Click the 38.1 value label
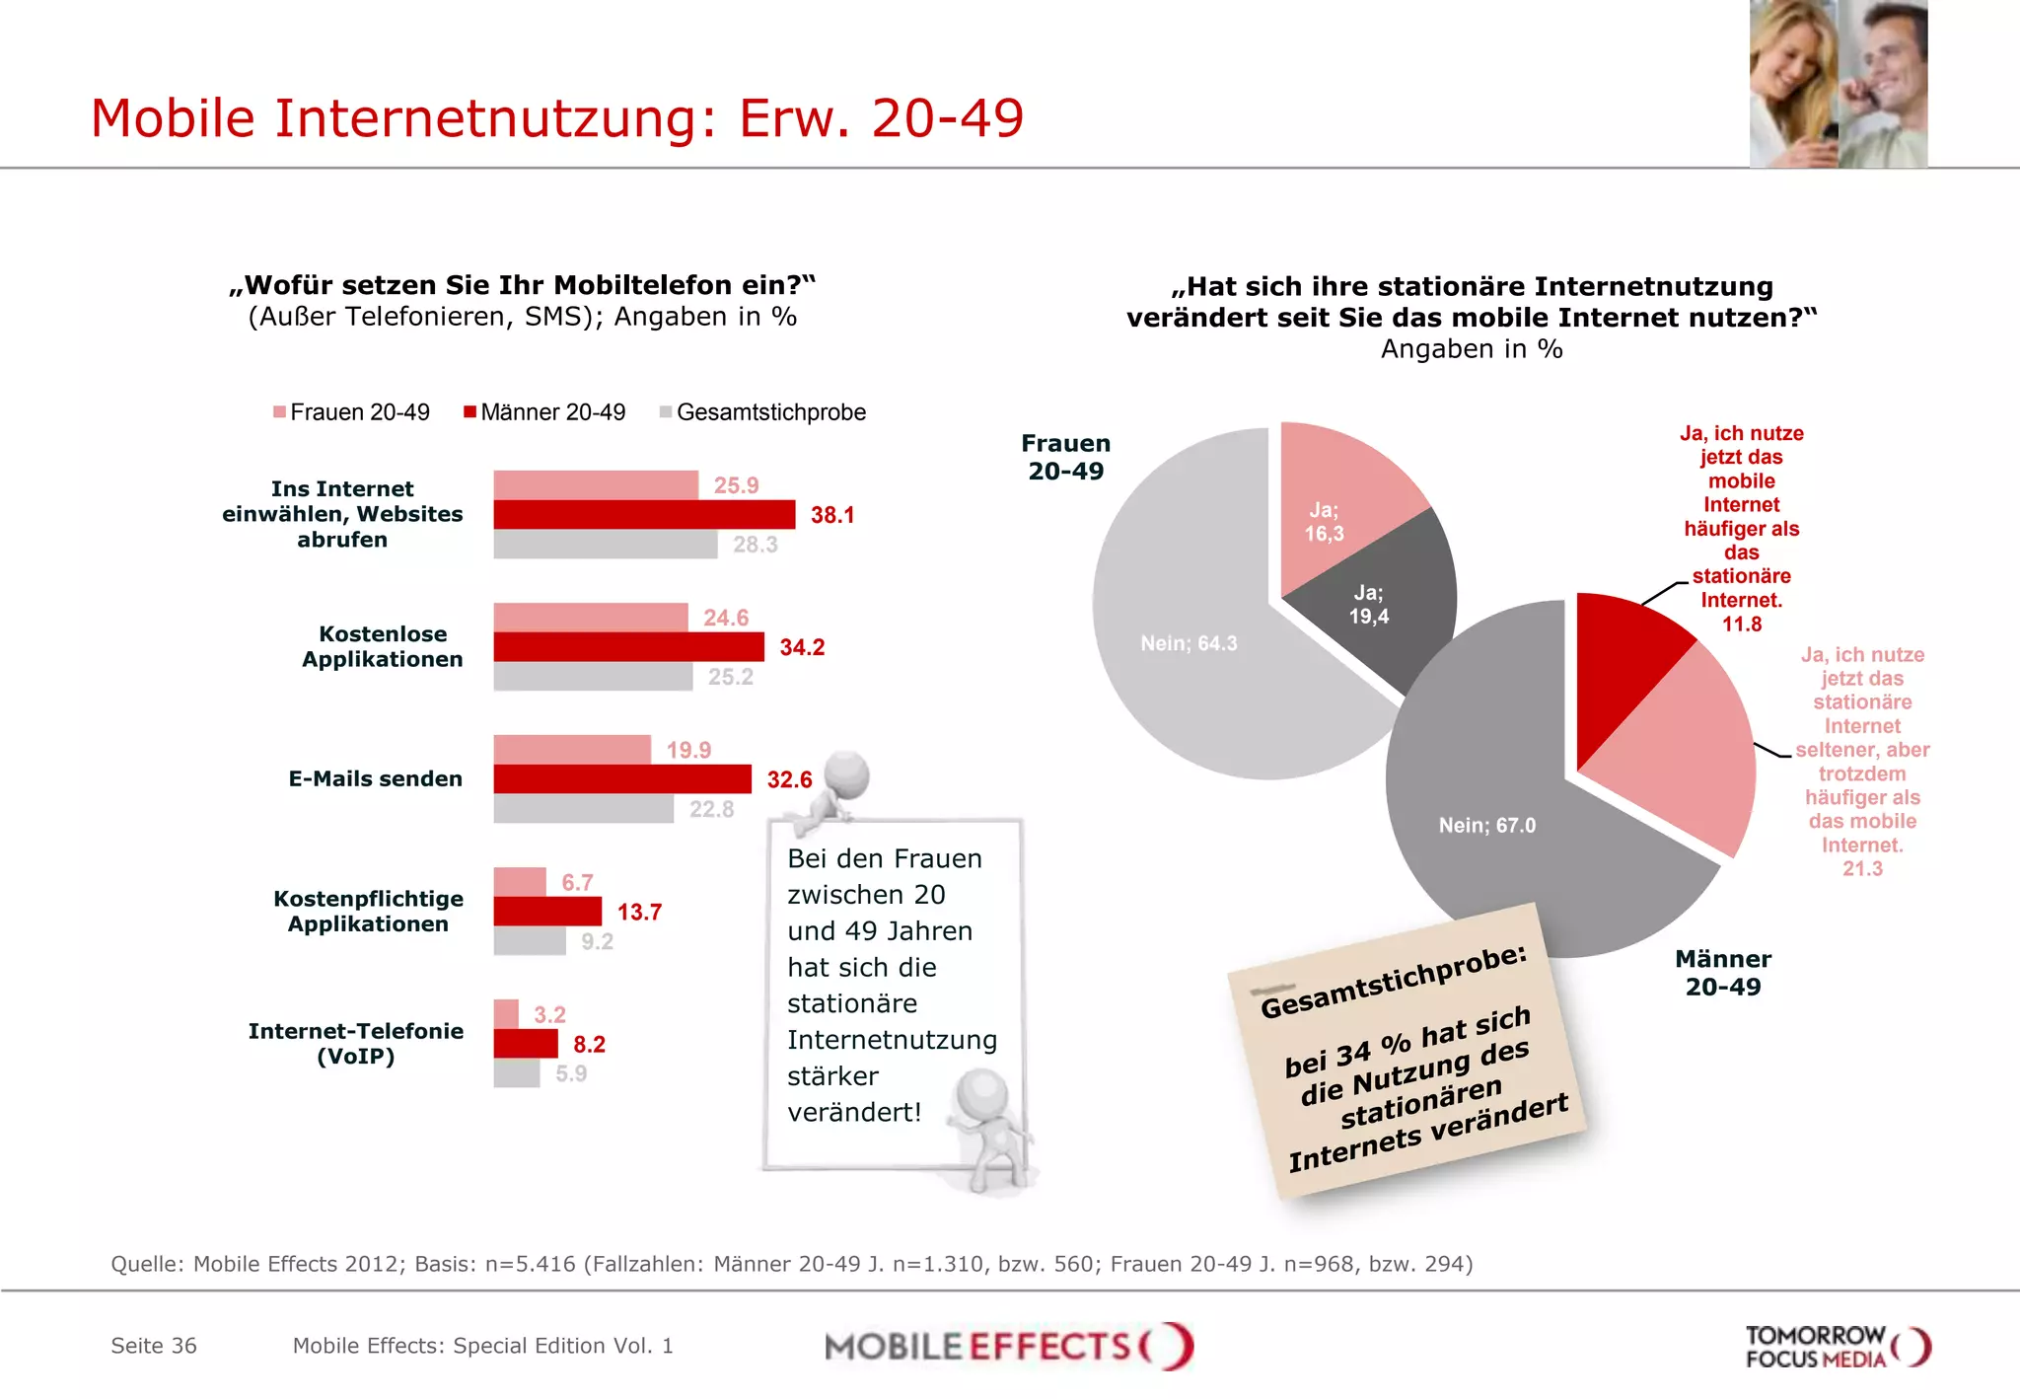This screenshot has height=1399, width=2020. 831,515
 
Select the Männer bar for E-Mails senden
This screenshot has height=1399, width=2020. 621,779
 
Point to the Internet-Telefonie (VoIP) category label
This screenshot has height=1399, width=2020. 355,1044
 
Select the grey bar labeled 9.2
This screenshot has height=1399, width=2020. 529,941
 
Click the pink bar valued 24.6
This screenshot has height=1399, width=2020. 590,618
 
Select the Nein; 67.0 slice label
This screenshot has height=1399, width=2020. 1486,826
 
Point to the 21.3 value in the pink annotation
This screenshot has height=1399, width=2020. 1862,869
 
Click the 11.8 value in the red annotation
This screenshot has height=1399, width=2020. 1741,625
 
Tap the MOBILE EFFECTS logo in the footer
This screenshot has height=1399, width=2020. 1008,1347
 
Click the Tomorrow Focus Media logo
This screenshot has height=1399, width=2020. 1837,1347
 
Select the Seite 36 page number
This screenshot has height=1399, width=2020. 154,1346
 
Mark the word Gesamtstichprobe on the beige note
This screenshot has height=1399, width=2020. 1393,982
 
